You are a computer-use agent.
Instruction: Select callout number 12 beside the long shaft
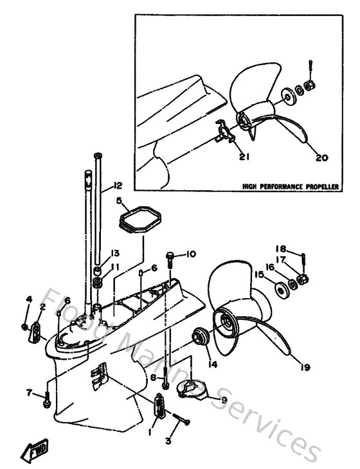click(x=116, y=186)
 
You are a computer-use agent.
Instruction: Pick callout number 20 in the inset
click(x=322, y=156)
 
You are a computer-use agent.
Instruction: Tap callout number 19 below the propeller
click(x=305, y=367)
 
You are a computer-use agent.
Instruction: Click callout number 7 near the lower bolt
click(x=29, y=392)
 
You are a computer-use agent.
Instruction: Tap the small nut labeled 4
click(x=24, y=326)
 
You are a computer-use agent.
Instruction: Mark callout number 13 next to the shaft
click(x=115, y=252)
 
